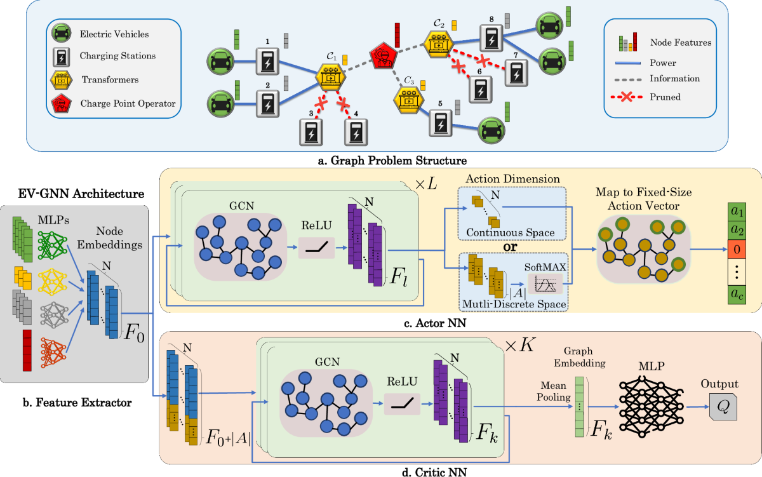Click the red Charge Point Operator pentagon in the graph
click(384, 56)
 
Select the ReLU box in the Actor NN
click(316, 243)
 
